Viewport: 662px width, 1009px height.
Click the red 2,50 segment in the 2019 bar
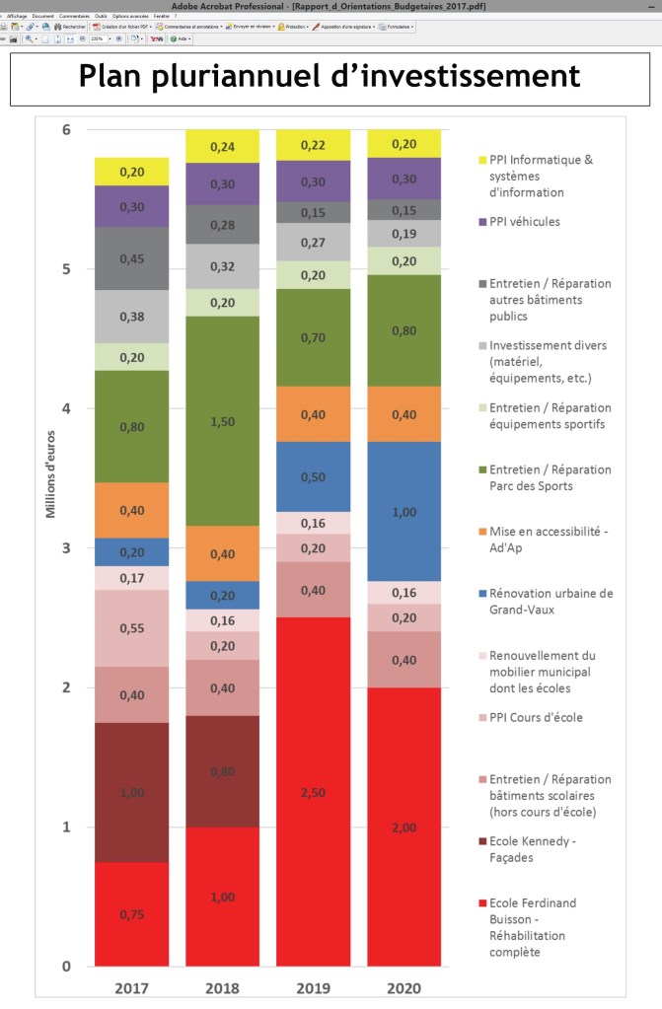[314, 792]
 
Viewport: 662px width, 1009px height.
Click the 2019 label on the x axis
[314, 986]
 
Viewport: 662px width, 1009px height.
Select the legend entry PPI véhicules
[524, 222]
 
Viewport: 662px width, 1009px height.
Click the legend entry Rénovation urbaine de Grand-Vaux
[551, 601]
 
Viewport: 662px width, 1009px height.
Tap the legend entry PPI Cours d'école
[536, 717]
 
